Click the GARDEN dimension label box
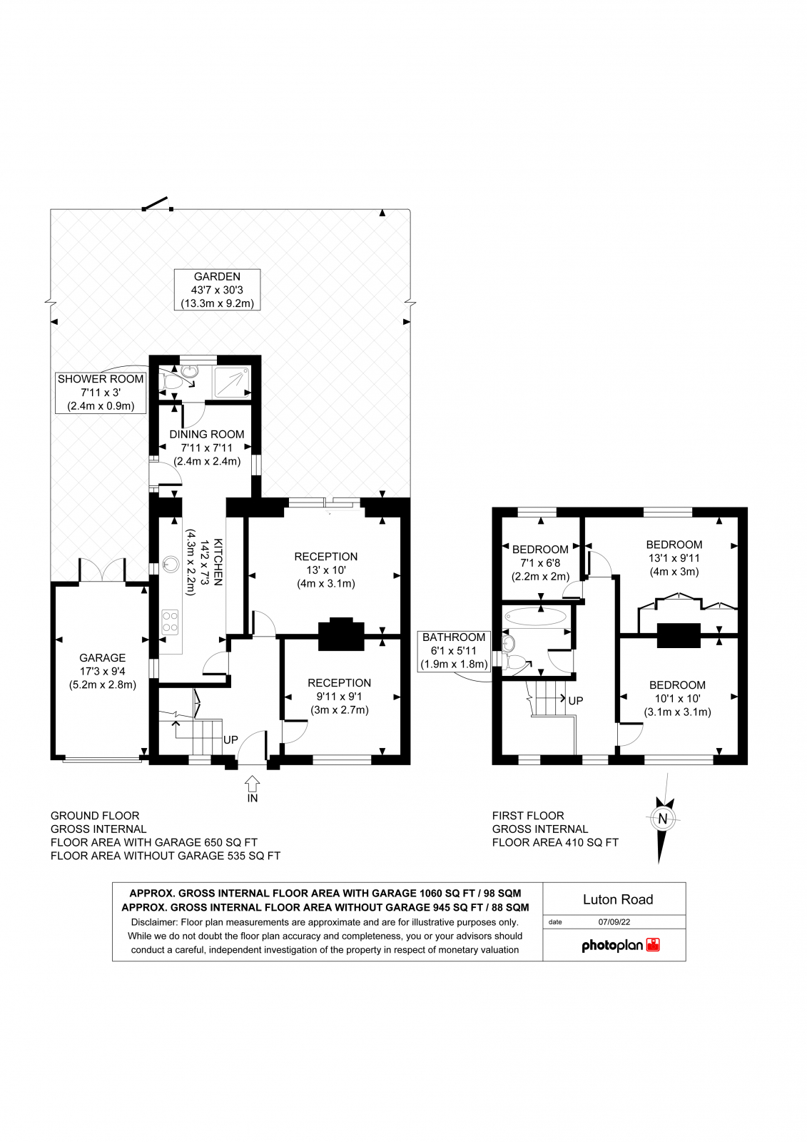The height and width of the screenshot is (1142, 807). (x=217, y=290)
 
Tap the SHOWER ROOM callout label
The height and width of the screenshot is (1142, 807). (x=101, y=393)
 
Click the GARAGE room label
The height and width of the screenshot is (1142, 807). (x=102, y=671)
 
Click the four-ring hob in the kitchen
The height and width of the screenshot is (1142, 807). (x=170, y=621)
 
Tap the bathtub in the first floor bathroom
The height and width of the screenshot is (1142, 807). (x=535, y=617)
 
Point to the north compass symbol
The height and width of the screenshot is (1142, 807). (x=662, y=819)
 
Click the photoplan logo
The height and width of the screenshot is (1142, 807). (x=620, y=946)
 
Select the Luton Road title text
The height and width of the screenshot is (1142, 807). (x=617, y=899)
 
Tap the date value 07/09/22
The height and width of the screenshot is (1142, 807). (x=614, y=922)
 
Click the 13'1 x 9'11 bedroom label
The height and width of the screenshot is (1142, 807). (x=674, y=558)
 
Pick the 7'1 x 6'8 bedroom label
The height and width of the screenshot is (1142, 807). (x=540, y=562)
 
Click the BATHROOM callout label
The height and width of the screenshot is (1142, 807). (x=454, y=650)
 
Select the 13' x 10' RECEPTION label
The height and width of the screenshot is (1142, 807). (x=325, y=570)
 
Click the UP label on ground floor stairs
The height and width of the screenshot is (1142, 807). (x=230, y=740)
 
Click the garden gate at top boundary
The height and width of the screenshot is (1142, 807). (x=157, y=204)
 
